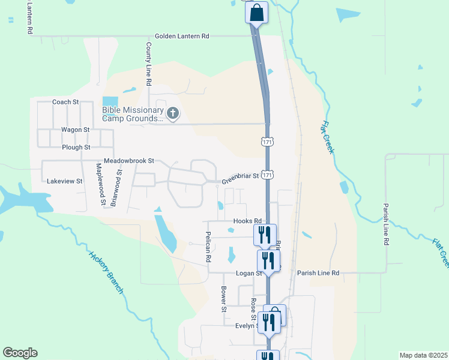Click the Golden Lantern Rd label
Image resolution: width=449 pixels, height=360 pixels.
coord(181,36)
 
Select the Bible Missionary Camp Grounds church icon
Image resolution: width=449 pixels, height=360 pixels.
coord(173,113)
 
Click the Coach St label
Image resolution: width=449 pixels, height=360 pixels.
coord(65,102)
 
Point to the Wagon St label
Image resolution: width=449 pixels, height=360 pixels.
coord(75,129)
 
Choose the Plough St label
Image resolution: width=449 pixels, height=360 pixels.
coord(76,147)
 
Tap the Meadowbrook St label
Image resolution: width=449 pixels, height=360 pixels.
coord(129,161)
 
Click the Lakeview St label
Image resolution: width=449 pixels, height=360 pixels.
coord(64,180)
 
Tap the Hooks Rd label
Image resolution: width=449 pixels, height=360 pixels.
coord(248,221)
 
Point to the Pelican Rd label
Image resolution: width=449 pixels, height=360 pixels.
coord(208,247)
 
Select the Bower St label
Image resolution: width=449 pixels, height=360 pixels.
coord(223,299)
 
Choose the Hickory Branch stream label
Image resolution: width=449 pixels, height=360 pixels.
coord(106,272)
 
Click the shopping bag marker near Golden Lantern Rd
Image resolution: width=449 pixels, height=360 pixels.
coord(256,13)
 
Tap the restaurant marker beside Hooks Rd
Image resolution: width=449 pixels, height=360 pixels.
coord(265,235)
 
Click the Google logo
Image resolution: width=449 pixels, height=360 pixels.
coord(20,353)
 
